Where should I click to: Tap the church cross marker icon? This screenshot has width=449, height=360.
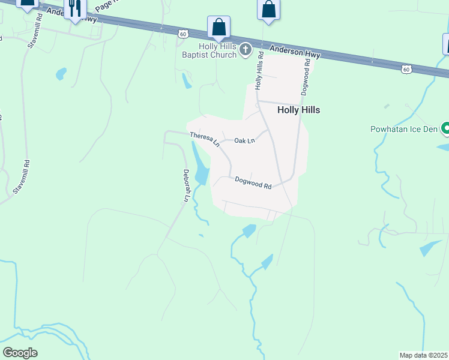pyautogui.click(x=245, y=49)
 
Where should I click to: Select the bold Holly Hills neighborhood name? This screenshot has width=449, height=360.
pyautogui.click(x=298, y=110)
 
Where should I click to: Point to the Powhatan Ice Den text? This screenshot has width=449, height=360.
pyautogui.click(x=404, y=129)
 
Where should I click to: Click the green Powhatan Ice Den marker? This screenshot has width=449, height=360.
pyautogui.click(x=445, y=128)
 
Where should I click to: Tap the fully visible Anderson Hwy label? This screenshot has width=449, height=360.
pyautogui.click(x=295, y=52)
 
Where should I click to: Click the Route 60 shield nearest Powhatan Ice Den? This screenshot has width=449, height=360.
pyautogui.click(x=406, y=70)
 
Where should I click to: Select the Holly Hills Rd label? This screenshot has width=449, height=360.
pyautogui.click(x=260, y=70)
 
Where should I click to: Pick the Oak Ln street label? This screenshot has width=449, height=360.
pyautogui.click(x=244, y=140)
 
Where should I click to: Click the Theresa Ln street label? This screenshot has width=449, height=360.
pyautogui.click(x=204, y=139)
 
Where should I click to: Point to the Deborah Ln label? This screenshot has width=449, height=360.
pyautogui.click(x=187, y=185)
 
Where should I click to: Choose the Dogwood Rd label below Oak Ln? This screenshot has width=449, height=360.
pyautogui.click(x=253, y=182)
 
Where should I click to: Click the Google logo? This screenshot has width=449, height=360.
pyautogui.click(x=20, y=353)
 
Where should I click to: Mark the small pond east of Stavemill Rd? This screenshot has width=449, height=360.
pyautogui.click(x=61, y=74)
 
